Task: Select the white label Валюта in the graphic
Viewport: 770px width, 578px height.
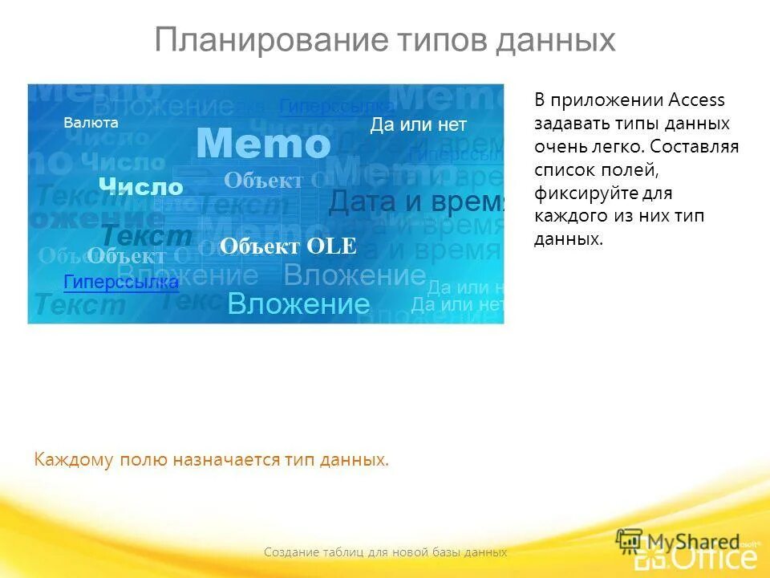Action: point(91,123)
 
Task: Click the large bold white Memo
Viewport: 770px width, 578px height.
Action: point(263,144)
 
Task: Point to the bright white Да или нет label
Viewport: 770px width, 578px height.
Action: point(418,124)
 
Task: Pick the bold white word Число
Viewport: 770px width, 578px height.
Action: point(141,187)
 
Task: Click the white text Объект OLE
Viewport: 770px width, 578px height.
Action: point(288,246)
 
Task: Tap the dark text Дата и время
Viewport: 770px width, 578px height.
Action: point(416,202)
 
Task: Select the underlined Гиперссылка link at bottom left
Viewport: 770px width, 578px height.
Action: point(121,282)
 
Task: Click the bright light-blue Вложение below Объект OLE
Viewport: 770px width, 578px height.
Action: point(298,304)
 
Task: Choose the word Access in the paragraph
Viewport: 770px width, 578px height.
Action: point(696,100)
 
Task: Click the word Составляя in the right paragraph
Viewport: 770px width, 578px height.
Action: point(695,147)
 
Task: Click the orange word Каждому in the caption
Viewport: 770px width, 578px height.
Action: point(75,460)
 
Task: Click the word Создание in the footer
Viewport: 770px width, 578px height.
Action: point(292,552)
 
